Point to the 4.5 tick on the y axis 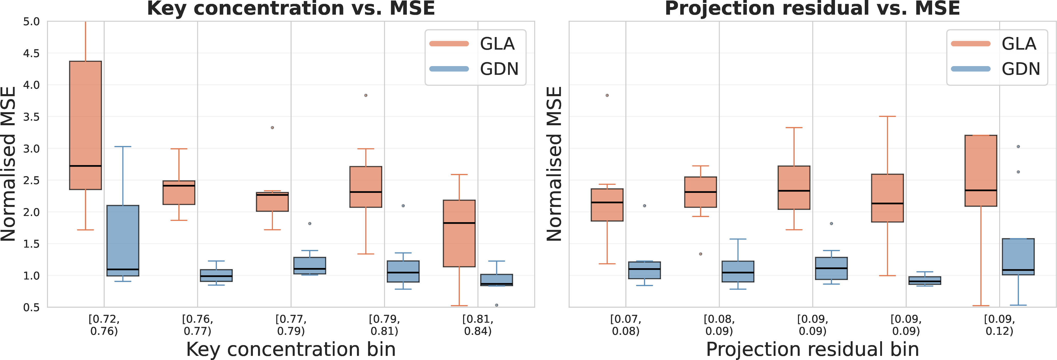[32, 53]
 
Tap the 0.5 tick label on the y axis [32, 308]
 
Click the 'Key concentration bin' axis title [291, 350]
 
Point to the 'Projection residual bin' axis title [812, 350]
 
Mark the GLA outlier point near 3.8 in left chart [366, 95]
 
